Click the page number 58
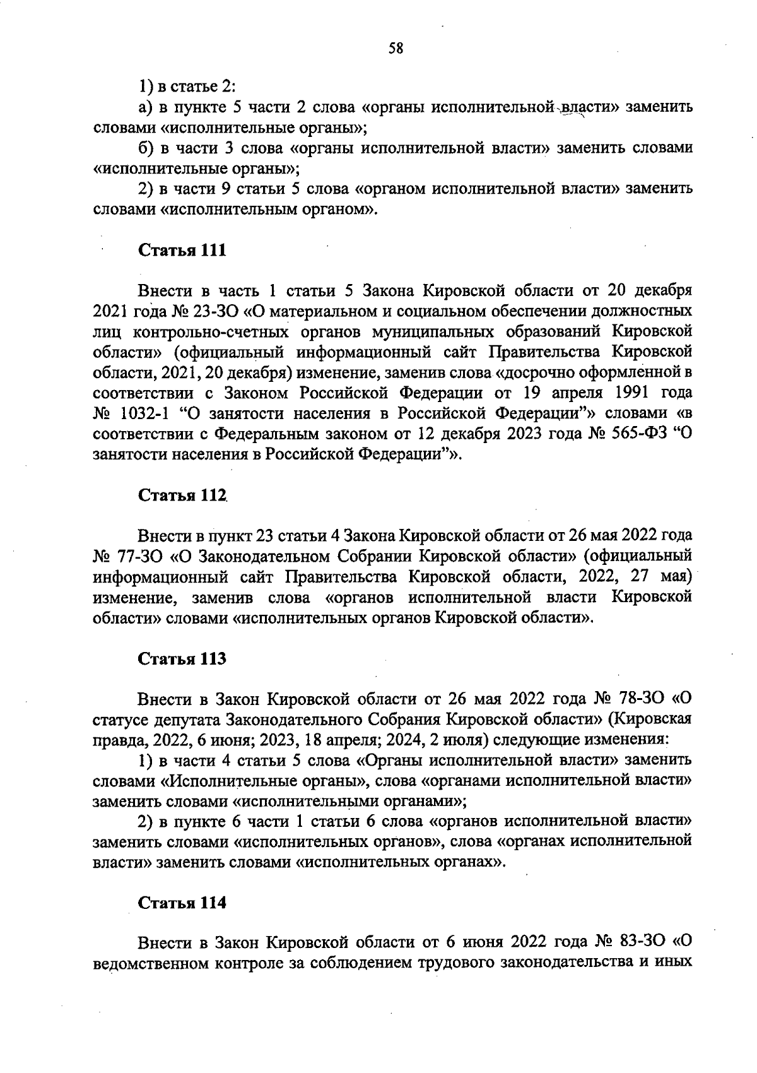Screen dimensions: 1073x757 [x=396, y=49]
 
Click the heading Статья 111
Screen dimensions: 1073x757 [x=182, y=251]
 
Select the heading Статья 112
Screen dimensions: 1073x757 [x=182, y=495]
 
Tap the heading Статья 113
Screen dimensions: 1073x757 [x=182, y=659]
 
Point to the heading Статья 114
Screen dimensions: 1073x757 [x=182, y=903]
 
